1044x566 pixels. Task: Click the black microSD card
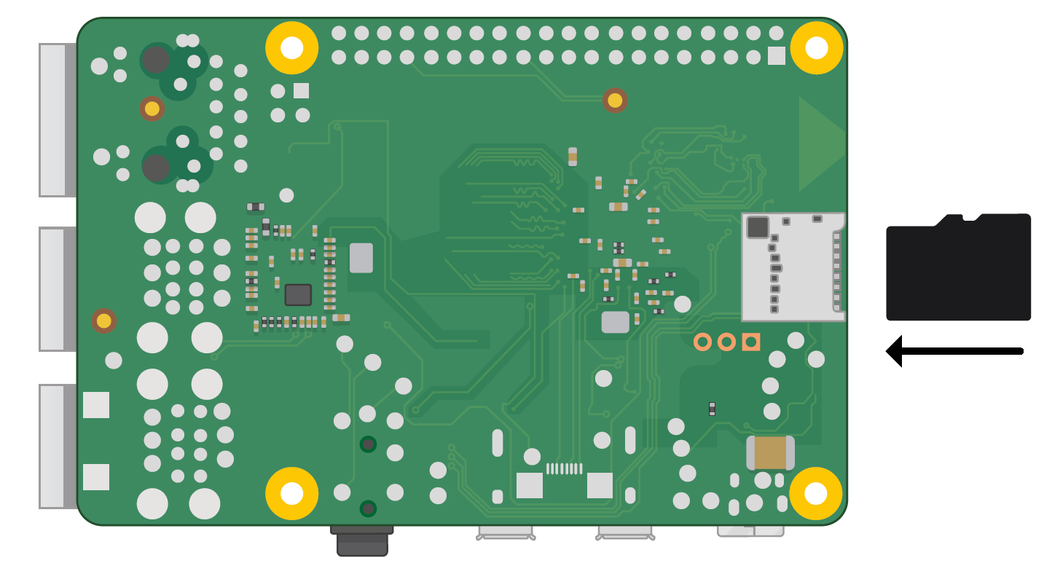pos(958,268)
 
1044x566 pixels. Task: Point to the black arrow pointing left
pos(954,351)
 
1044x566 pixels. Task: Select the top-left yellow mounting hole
pos(291,48)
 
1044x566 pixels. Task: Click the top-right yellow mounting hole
pos(816,48)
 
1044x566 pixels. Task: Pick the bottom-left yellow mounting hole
pos(291,494)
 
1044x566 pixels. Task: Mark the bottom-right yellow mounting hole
pos(816,494)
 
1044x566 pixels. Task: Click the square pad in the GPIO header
pos(777,56)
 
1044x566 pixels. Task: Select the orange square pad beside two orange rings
pos(750,342)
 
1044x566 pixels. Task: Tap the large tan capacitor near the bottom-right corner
pos(770,453)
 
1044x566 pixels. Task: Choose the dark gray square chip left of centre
pos(298,295)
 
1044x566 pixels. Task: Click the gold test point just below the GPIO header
pos(615,101)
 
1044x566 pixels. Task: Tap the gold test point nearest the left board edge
pos(104,321)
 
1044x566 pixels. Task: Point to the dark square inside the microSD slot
pos(758,227)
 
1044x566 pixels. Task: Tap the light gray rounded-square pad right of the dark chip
pos(361,258)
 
